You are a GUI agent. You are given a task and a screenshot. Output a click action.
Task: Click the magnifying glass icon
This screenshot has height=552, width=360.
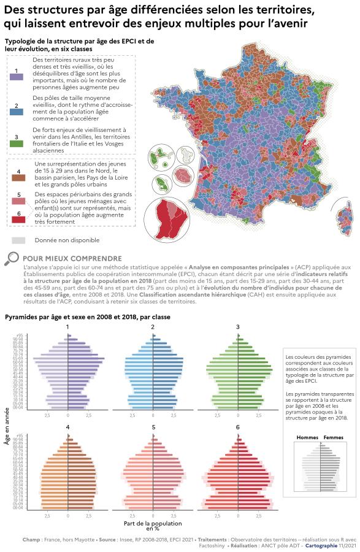pyautogui.click(x=12, y=259)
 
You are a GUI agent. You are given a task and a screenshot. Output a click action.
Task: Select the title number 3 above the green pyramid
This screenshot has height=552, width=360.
pyautogui.click(x=238, y=327)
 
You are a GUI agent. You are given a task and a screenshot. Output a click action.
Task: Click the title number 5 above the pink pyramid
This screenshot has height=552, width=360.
pyautogui.click(x=153, y=427)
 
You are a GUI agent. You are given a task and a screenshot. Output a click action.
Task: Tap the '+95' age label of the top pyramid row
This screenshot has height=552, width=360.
pyautogui.click(x=20, y=336)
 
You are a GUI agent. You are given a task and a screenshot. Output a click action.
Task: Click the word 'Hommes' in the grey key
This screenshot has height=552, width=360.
pyautogui.click(x=307, y=437)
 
